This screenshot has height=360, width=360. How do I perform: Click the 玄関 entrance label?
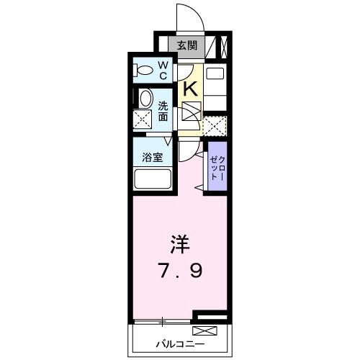(x=187, y=45)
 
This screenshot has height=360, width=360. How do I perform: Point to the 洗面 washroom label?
(x=163, y=110)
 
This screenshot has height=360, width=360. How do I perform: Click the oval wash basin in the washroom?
(x=145, y=99)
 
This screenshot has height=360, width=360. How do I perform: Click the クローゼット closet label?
(x=218, y=168)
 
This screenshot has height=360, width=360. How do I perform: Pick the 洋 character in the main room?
(x=180, y=245)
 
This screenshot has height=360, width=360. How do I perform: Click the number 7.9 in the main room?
(x=180, y=271)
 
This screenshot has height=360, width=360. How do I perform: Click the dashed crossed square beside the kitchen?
(x=214, y=126)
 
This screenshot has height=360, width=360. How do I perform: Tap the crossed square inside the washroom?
(x=142, y=120)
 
